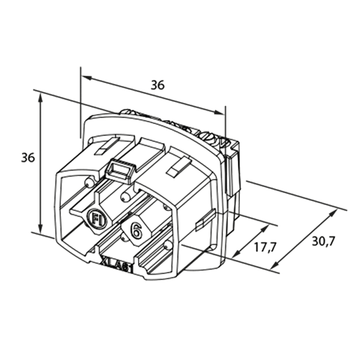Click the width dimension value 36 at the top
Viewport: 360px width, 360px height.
pyautogui.click(x=157, y=85)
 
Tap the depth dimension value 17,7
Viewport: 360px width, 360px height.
pyautogui.click(x=260, y=247)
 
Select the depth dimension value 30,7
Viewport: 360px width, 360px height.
pyautogui.click(x=323, y=242)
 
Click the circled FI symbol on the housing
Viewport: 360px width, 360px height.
pyautogui.click(x=97, y=219)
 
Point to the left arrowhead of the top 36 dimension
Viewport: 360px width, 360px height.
pyautogui.click(x=84, y=78)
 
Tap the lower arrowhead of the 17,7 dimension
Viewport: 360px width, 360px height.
pyautogui.click(x=236, y=257)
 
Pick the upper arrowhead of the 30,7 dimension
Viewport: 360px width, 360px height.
pyautogui.click(x=334, y=211)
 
